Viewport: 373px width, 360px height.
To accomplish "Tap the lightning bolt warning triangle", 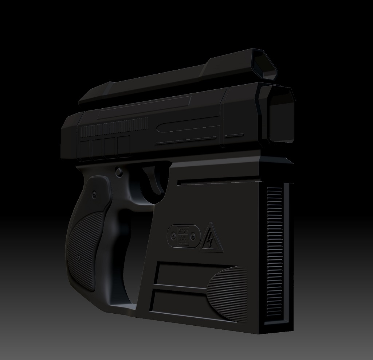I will pyautogui.click(x=211, y=239).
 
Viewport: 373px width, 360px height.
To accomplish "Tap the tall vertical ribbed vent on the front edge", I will pyautogui.click(x=274, y=252).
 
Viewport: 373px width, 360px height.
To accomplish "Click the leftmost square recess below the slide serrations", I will pyautogui.click(x=85, y=150).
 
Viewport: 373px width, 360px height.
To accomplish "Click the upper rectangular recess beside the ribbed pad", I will pyautogui.click(x=182, y=275).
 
